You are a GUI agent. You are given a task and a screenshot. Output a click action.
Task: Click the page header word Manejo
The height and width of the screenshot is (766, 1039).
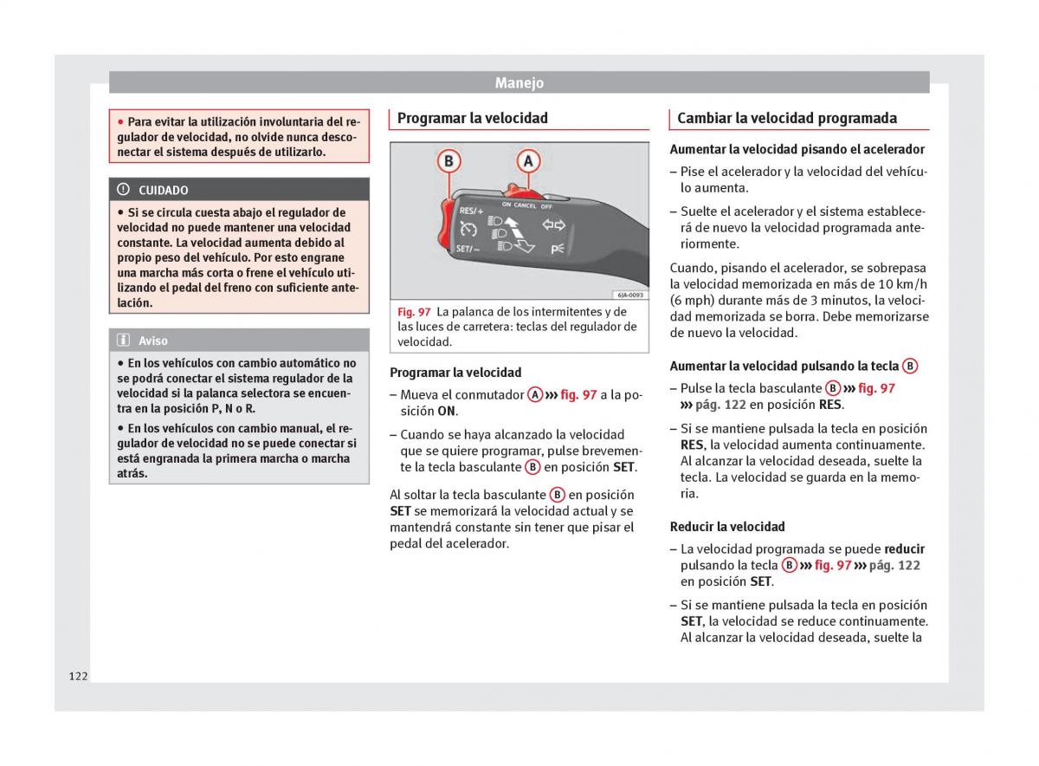pyautogui.click(x=519, y=83)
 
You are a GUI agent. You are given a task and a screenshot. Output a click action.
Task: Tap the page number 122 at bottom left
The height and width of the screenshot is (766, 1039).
pyautogui.click(x=79, y=676)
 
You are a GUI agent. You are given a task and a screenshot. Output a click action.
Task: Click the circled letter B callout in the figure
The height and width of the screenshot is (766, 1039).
pyautogui.click(x=449, y=162)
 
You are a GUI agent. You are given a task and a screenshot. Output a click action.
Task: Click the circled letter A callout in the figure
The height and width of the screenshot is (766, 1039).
pyautogui.click(x=528, y=162)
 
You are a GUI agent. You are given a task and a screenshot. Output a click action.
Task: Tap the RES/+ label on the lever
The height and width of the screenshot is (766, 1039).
pyautogui.click(x=471, y=211)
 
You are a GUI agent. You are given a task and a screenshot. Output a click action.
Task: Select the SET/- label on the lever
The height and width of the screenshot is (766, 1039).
pyautogui.click(x=468, y=250)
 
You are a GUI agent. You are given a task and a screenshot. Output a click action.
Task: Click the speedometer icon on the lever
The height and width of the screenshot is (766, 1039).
pyautogui.click(x=468, y=230)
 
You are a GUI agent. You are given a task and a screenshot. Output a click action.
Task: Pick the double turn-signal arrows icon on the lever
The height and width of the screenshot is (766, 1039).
pyautogui.click(x=553, y=226)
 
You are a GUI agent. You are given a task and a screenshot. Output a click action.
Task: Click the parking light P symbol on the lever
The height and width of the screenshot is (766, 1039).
pyautogui.click(x=556, y=249)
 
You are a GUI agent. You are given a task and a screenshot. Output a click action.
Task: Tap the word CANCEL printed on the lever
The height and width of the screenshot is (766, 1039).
pyautogui.click(x=525, y=205)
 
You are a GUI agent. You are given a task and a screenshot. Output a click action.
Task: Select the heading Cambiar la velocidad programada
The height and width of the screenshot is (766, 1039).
pyautogui.click(x=786, y=119)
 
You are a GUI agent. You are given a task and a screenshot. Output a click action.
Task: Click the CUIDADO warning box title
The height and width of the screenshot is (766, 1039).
pyautogui.click(x=163, y=190)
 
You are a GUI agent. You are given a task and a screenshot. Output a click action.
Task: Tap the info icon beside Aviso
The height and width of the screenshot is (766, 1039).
pyautogui.click(x=124, y=341)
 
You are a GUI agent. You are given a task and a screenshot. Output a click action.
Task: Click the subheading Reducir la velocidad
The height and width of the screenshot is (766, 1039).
pyautogui.click(x=727, y=527)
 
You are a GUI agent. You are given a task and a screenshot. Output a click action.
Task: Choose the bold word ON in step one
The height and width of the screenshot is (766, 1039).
pyautogui.click(x=446, y=412)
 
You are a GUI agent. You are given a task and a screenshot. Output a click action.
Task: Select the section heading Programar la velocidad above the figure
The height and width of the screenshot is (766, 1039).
pyautogui.click(x=472, y=119)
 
